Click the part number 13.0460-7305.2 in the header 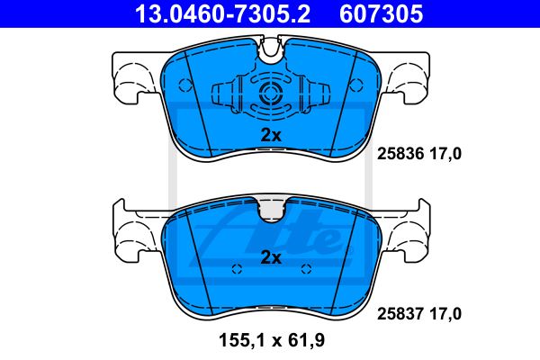click(223, 13)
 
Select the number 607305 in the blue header click(382, 13)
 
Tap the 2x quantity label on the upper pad click(271, 135)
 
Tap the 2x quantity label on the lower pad click(271, 257)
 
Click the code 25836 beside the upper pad click(400, 154)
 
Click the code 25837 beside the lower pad click(400, 314)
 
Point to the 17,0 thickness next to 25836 click(445, 154)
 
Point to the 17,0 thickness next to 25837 click(445, 314)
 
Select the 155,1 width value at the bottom click(242, 341)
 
